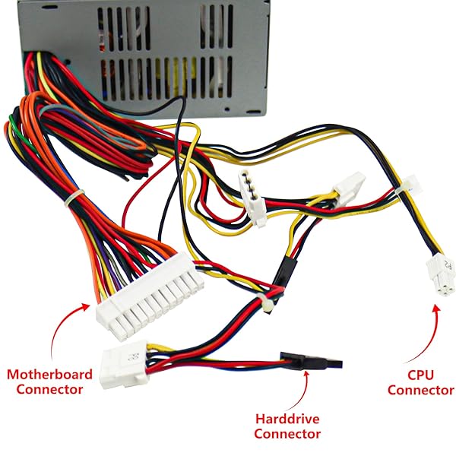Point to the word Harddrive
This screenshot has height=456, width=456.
tap(287, 418)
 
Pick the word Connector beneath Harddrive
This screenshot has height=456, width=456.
tap(287, 434)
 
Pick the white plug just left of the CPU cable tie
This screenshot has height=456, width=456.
tap(352, 185)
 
